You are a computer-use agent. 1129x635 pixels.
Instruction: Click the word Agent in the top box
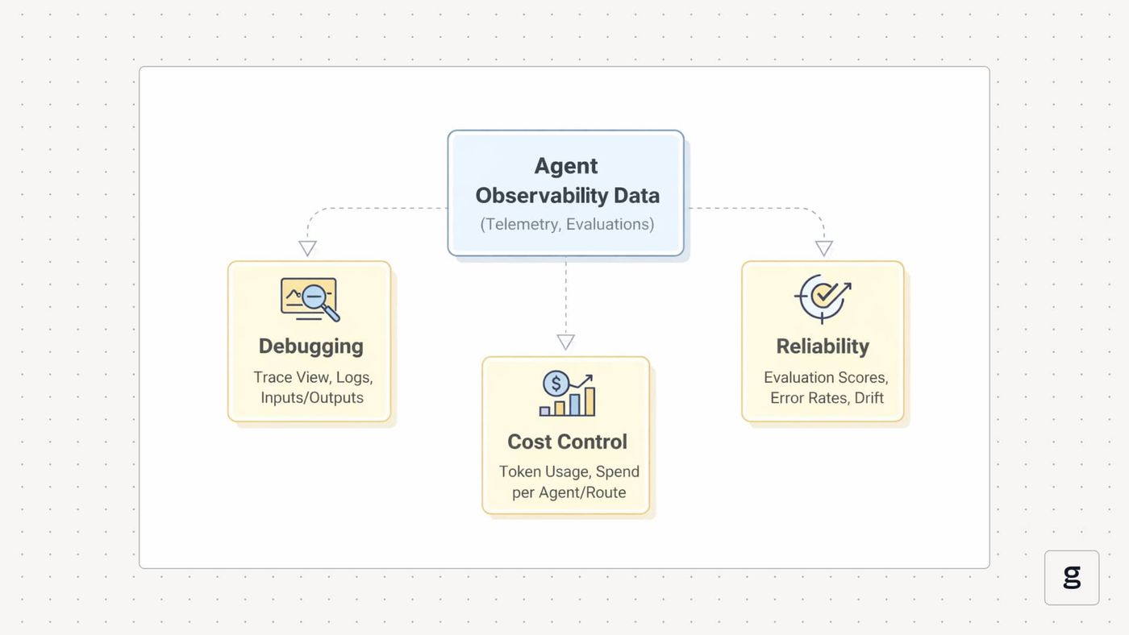tap(565, 166)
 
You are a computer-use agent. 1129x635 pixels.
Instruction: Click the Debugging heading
tap(311, 347)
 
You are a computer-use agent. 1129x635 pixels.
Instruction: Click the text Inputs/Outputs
tap(312, 398)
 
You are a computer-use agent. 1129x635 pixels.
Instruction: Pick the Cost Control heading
tap(567, 442)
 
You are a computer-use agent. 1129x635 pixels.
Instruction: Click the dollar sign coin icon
tap(556, 384)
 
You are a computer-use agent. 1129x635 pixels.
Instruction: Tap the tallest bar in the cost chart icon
tap(589, 401)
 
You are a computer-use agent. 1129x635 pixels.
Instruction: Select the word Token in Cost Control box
tap(519, 472)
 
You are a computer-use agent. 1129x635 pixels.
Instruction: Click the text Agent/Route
tap(582, 492)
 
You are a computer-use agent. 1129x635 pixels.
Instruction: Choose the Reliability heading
tap(823, 347)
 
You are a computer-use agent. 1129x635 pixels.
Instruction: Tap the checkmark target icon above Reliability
tap(823, 298)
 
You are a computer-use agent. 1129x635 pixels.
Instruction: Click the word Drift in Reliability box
tap(869, 398)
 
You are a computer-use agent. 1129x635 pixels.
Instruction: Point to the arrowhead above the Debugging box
tap(307, 248)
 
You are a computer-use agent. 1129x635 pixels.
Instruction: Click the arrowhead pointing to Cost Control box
tap(565, 342)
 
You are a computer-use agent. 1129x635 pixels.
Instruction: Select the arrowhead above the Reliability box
tap(824, 248)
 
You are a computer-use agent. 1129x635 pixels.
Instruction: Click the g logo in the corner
tap(1072, 577)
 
